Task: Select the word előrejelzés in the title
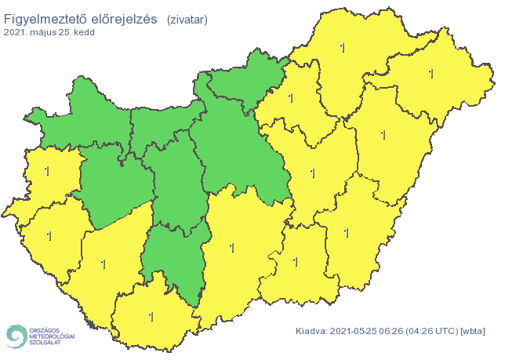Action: [x=126, y=18]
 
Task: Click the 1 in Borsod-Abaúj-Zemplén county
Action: [x=342, y=48]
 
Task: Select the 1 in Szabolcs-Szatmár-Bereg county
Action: [x=431, y=74]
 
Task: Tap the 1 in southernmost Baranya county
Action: [x=151, y=317]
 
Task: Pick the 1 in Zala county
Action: [x=49, y=235]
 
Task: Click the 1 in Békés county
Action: [x=346, y=232]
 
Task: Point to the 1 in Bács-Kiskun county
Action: [x=231, y=248]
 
